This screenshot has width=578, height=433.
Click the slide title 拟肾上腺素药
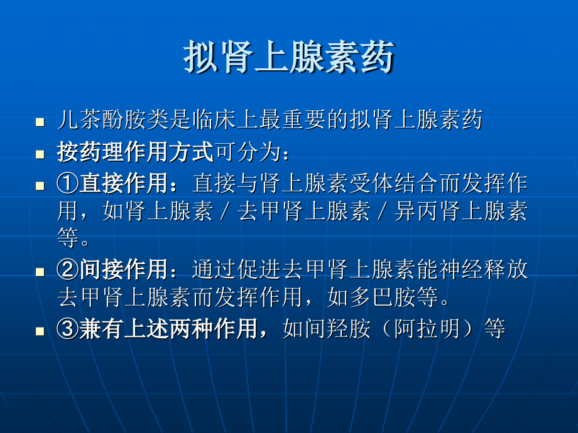coord(289,58)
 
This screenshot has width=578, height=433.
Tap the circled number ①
coord(67,184)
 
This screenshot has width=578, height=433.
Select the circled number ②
coord(67,270)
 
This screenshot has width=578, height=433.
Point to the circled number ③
coord(67,328)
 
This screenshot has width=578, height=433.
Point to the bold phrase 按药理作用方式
coord(135,152)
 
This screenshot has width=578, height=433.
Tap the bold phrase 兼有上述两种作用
coord(168,328)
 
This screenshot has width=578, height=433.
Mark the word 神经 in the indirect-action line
coord(427,270)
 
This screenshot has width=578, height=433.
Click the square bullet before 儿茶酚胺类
coord(40,121)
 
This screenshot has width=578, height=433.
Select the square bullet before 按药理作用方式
coord(40,154)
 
